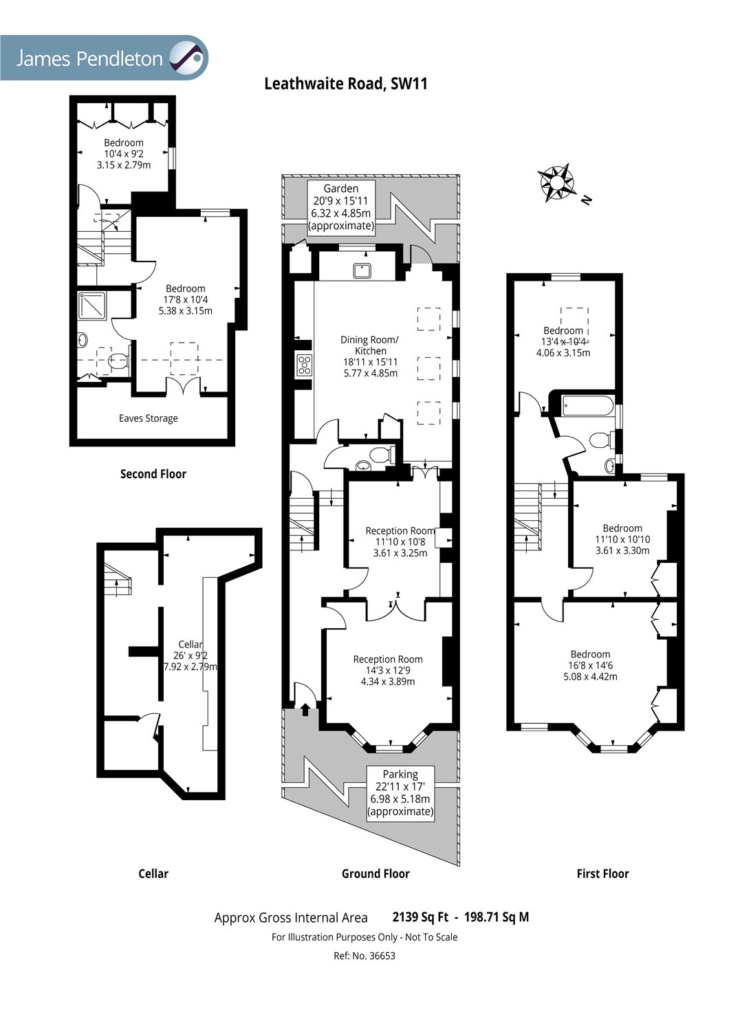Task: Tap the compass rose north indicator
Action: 556,182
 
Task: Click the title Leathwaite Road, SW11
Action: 346,84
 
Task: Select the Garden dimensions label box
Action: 341,206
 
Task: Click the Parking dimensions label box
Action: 400,793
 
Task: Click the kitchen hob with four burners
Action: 304,365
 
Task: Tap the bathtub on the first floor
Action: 587,405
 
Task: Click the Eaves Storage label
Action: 149,418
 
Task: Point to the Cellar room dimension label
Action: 191,656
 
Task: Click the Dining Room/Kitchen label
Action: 370,356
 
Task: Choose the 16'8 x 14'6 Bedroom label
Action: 590,665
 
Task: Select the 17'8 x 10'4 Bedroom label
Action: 185,299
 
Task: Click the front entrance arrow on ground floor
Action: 305,708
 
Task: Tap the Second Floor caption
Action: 153,474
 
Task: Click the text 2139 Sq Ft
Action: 420,917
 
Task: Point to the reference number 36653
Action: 364,956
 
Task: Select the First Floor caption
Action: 602,874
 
